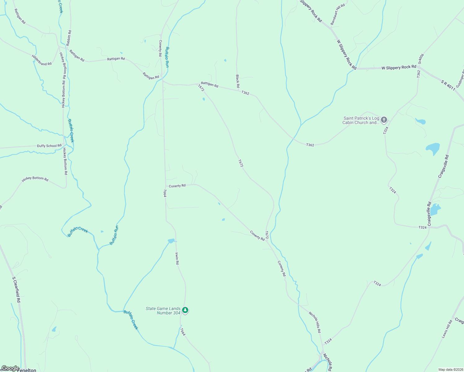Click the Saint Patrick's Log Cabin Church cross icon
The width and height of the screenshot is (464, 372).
384,120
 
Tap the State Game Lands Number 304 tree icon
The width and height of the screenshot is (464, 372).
185,310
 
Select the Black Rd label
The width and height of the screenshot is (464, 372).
238,81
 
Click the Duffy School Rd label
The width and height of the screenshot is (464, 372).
49,146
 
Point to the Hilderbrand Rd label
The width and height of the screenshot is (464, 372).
42,60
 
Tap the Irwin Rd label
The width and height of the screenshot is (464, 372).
177,258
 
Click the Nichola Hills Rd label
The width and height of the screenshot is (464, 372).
315,322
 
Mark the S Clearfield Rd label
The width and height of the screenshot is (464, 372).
16,290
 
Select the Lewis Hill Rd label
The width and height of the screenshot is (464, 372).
447,329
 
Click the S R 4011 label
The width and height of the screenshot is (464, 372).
448,85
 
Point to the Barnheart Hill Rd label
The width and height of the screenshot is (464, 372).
337,15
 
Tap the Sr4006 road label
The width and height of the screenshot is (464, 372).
421,59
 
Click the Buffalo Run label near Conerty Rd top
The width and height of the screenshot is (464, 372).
167,57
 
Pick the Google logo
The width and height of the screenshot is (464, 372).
10,368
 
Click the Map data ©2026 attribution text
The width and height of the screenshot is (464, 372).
450,370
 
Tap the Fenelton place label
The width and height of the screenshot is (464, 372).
27,370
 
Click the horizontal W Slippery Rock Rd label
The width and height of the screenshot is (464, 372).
399,67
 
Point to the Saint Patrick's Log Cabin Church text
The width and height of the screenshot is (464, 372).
361,120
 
